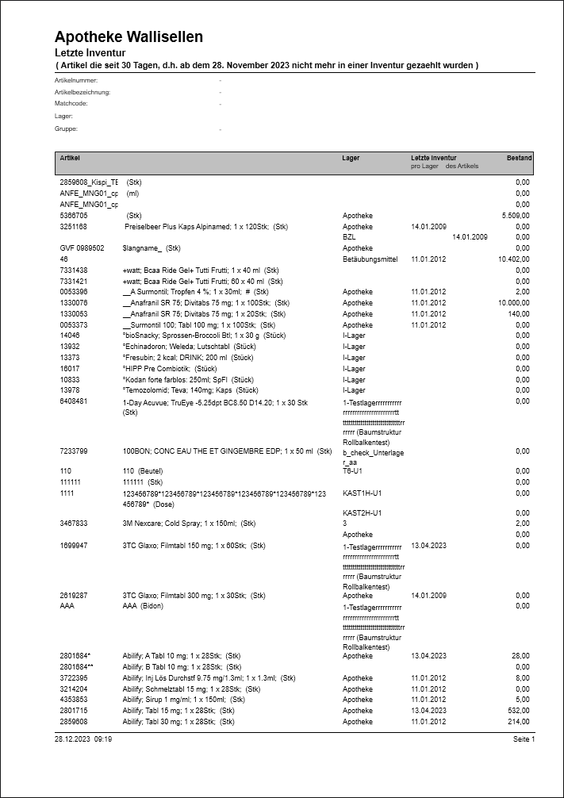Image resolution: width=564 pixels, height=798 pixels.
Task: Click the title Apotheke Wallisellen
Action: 129,36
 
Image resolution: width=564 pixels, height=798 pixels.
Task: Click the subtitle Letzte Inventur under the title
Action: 86,52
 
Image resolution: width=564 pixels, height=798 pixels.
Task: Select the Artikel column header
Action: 70,158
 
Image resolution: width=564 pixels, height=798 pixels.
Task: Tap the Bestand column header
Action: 519,158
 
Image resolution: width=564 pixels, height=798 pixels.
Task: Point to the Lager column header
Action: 351,158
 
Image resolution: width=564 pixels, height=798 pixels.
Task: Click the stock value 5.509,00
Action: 516,215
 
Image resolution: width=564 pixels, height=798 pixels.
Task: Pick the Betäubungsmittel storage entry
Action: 370,259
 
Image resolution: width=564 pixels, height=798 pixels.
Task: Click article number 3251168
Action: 74,226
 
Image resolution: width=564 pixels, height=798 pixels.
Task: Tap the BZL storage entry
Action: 349,237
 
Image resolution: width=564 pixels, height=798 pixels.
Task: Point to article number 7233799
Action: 74,451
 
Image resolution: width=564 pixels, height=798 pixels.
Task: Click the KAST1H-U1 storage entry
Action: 363,493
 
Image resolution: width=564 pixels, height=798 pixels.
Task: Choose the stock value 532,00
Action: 519,711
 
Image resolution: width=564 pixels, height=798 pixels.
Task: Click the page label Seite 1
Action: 524,739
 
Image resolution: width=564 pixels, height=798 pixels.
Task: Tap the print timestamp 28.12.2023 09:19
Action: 83,739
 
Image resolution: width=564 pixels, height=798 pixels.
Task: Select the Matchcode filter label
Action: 71,104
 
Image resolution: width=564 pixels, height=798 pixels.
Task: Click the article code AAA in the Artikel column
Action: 67,606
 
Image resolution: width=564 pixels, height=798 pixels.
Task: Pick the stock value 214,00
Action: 519,722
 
